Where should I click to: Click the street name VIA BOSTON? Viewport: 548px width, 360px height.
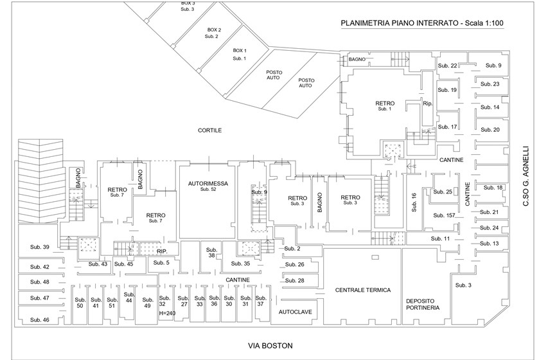270,345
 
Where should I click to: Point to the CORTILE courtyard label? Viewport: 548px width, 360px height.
210,130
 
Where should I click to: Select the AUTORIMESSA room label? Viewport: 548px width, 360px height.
205,183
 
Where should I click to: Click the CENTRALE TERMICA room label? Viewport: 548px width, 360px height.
363,290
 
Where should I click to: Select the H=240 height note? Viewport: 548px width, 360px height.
166,313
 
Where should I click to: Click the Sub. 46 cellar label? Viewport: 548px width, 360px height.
39,319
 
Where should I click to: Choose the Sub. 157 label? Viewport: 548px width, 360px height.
444,215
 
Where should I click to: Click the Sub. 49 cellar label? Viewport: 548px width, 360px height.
147,302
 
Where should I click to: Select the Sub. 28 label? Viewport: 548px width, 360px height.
294,280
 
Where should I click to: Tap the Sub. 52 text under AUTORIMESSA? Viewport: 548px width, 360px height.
205,190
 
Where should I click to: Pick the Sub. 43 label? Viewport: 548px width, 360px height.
98,264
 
